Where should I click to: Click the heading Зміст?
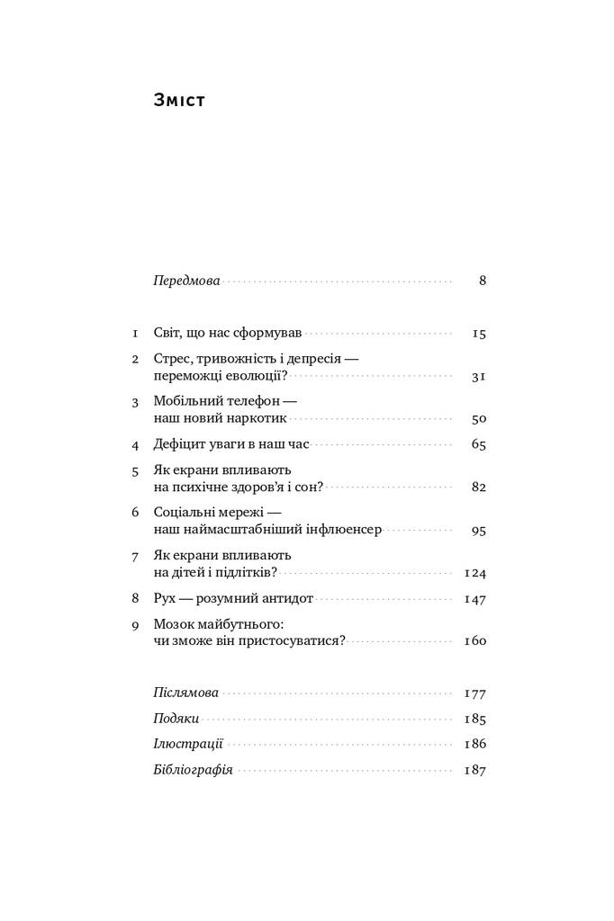[x=180, y=101]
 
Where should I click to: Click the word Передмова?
[x=187, y=281]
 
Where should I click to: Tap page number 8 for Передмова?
[x=483, y=281]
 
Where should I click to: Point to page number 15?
[x=479, y=334]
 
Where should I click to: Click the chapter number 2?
[x=135, y=359]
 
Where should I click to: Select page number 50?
[x=479, y=419]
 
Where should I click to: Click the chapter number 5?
[x=135, y=470]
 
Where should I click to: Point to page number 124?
[x=474, y=573]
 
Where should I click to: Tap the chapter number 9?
[x=135, y=624]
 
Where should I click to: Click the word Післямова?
[x=186, y=693]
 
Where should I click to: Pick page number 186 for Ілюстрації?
[x=474, y=745]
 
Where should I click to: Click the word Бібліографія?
[x=194, y=770]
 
